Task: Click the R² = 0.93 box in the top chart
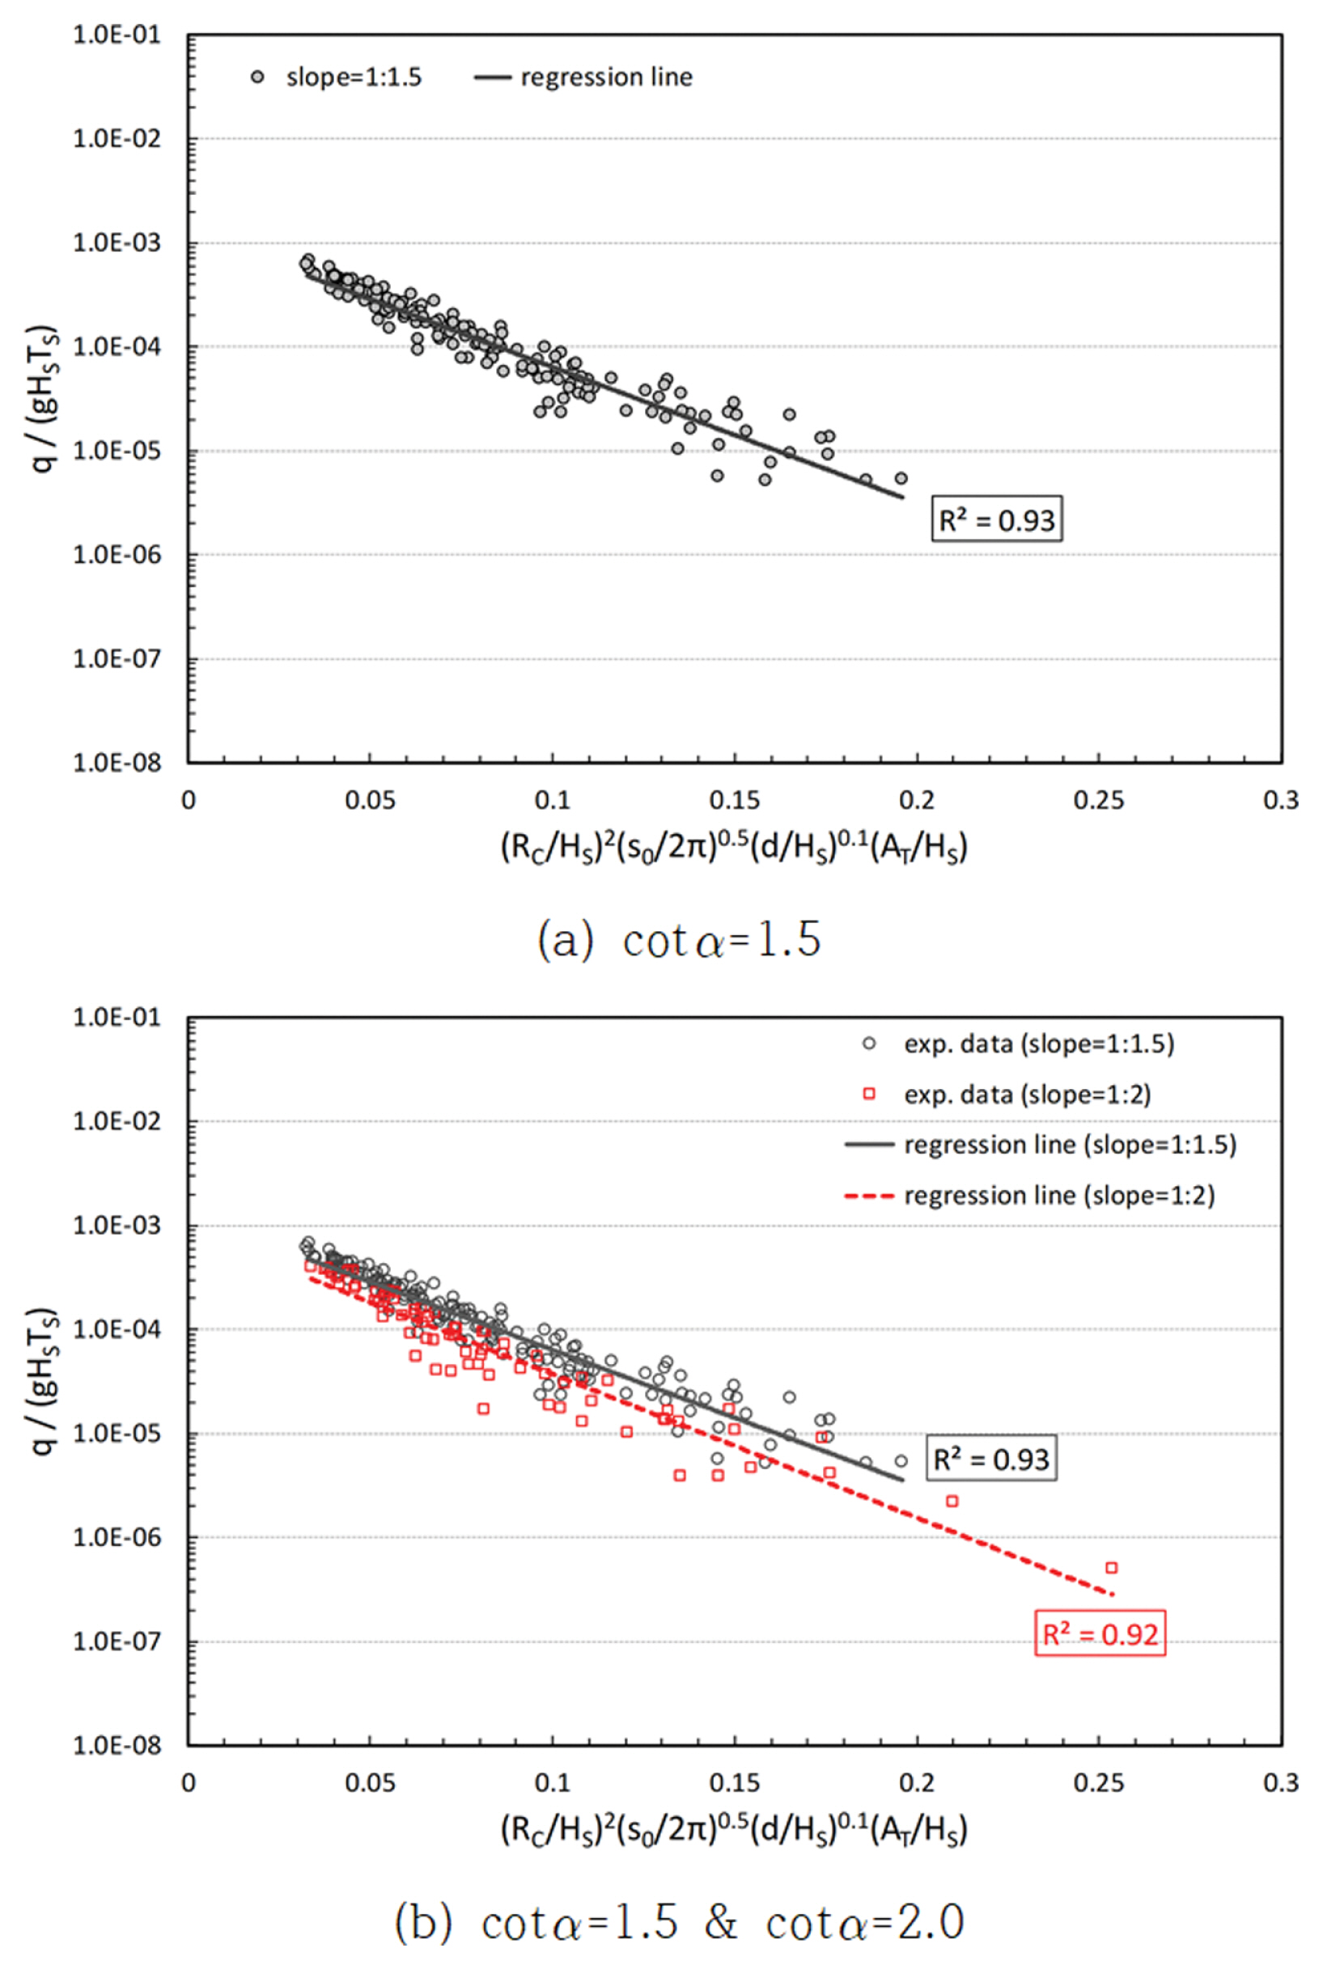[996, 519]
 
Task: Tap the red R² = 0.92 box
[1100, 1634]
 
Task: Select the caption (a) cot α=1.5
[679, 939]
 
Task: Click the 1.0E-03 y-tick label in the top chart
[117, 243]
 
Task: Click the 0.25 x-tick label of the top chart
[1098, 801]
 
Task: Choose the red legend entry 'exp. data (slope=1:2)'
[1027, 1095]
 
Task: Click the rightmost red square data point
[1111, 1568]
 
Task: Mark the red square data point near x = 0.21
[952, 1501]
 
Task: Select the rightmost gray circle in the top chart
[901, 478]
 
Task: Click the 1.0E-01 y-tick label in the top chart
[117, 36]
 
